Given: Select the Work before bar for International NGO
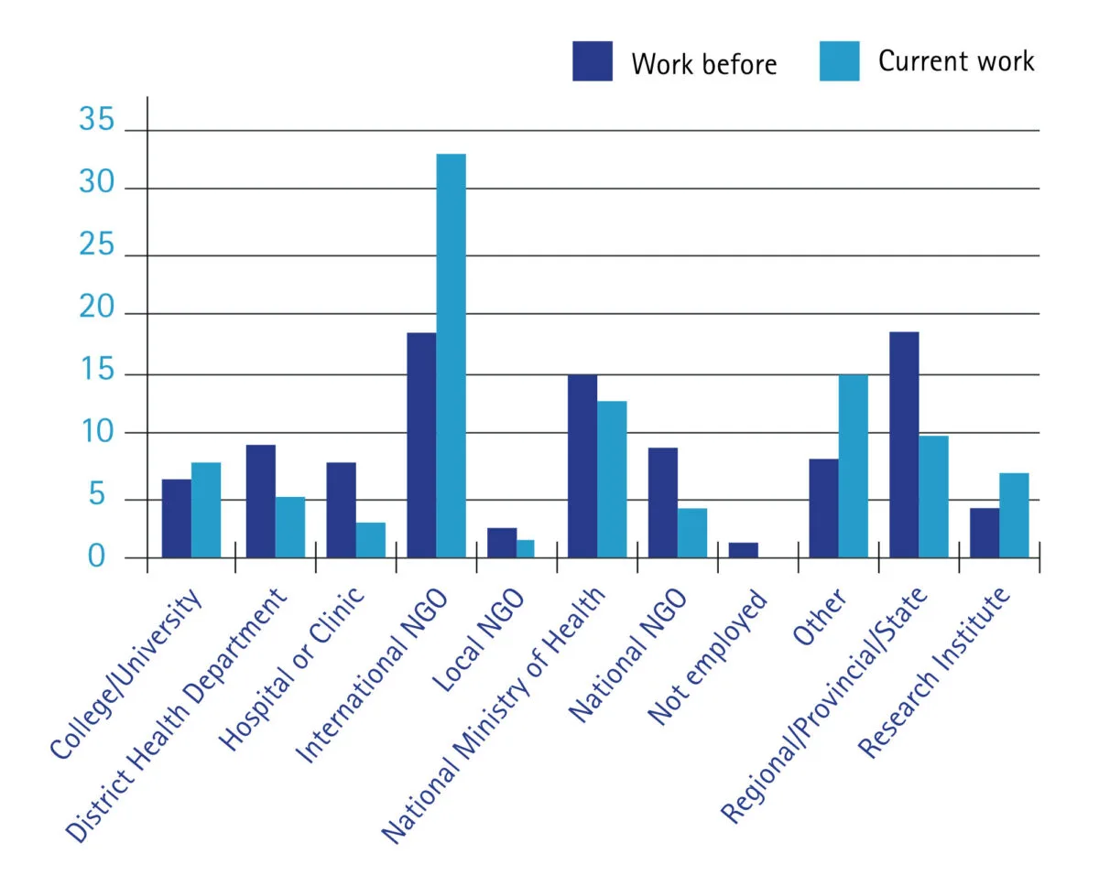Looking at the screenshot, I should (x=421, y=445).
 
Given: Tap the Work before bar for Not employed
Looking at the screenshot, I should (x=744, y=550).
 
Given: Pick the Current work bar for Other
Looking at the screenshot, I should (x=853, y=466).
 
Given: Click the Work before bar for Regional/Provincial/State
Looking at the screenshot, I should (x=904, y=445).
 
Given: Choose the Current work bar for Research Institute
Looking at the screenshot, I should (x=1014, y=515).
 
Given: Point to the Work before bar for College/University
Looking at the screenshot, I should (x=177, y=518).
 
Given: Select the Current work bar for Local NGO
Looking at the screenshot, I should (x=526, y=548).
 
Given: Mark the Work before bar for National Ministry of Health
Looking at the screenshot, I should (x=582, y=466).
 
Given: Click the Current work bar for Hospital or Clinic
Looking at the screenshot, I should (x=371, y=540).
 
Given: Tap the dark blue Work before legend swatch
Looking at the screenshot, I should (x=593, y=61).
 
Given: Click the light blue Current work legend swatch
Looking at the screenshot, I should (x=840, y=61).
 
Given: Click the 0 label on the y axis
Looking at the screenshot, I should (x=97, y=556).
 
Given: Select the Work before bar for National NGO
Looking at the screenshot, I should (x=663, y=502).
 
